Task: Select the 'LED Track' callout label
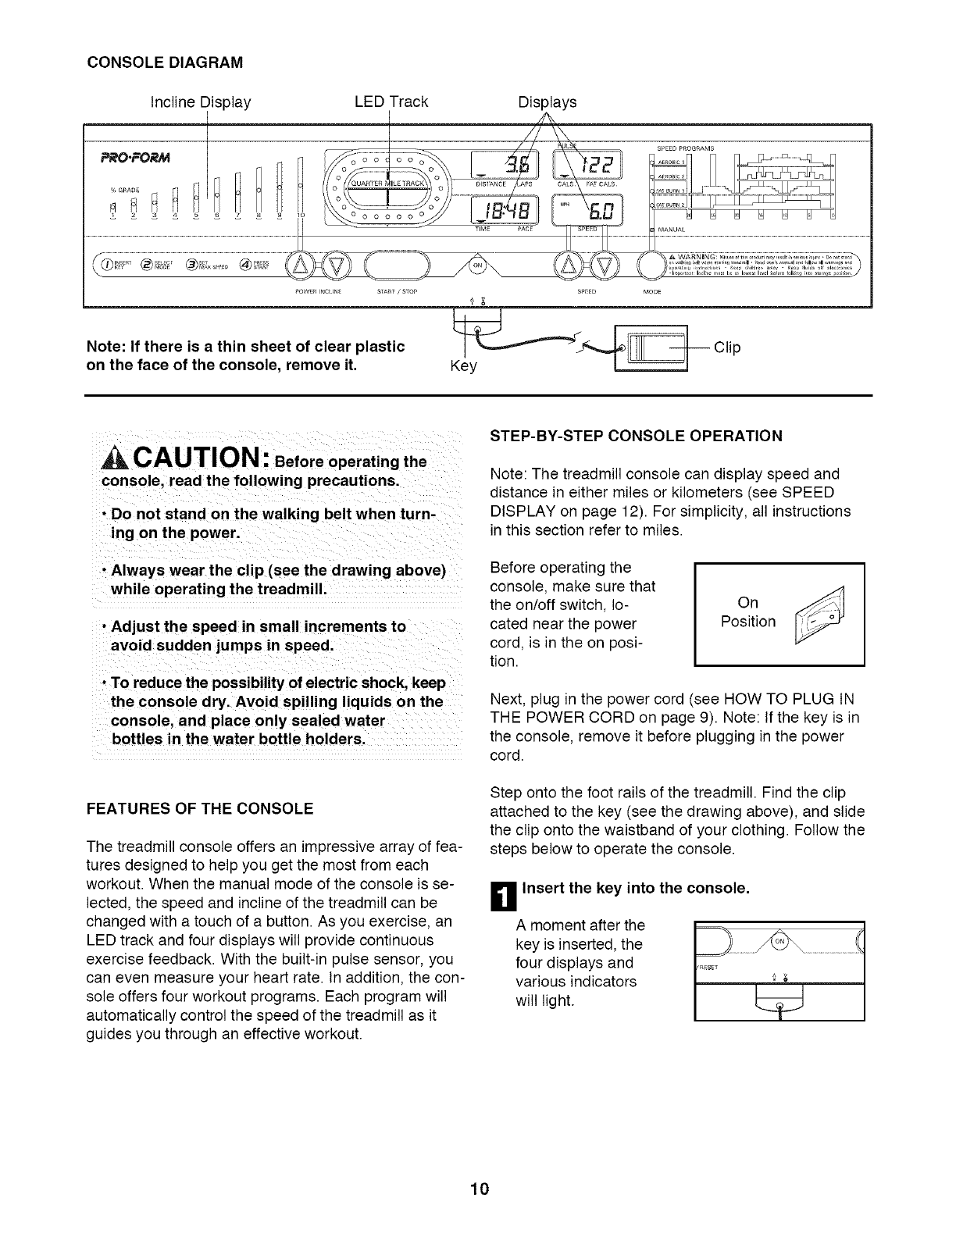pyautogui.click(x=391, y=102)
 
